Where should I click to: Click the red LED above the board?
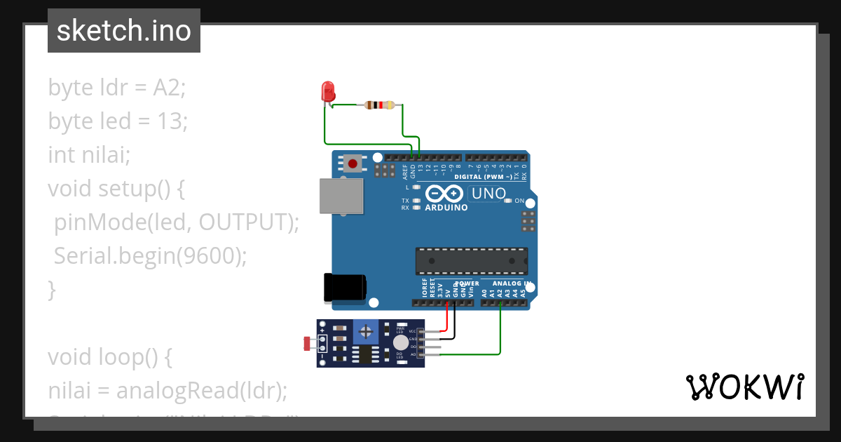327,92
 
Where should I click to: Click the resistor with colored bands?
379,105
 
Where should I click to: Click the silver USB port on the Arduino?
341,195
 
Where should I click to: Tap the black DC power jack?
344,288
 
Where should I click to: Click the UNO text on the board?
488,193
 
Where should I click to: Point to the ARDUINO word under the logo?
446,208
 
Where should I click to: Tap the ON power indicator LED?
509,201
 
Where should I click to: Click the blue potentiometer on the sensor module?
365,330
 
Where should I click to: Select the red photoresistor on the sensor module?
308,344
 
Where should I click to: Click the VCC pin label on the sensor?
412,330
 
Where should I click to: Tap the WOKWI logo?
744,387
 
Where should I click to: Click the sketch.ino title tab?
124,31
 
